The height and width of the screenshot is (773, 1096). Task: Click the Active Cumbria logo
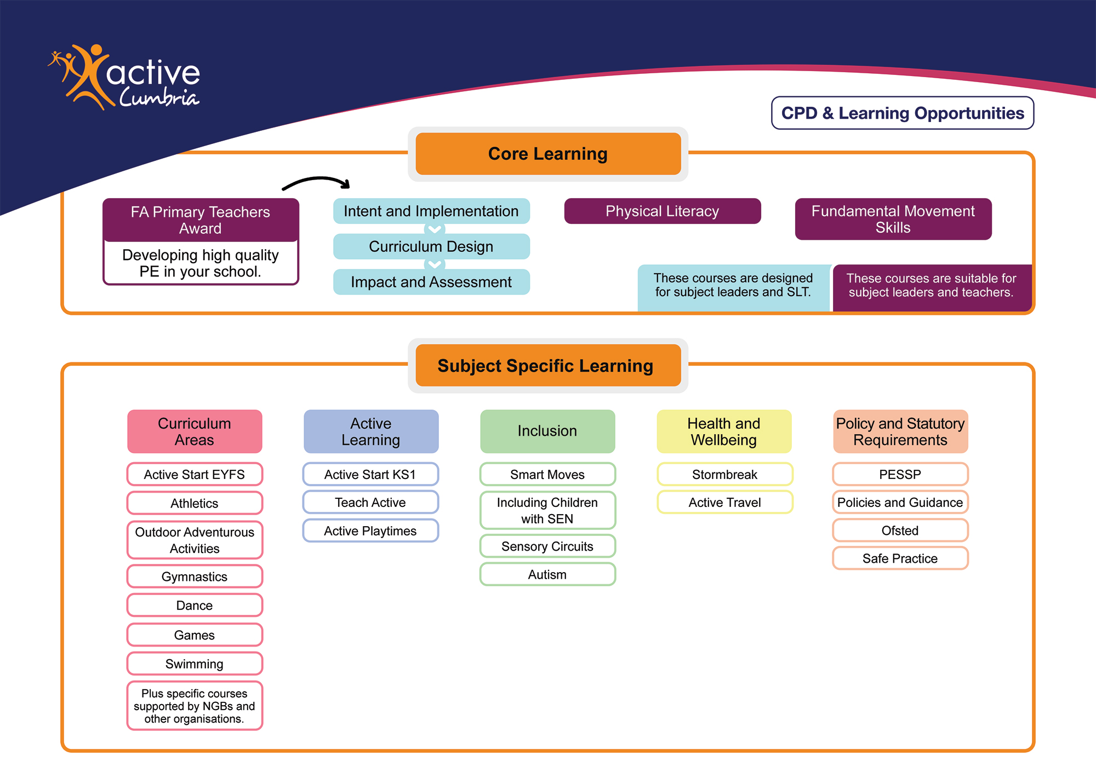pyautogui.click(x=125, y=77)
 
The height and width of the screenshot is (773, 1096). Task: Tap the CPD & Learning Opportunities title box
pyautogui.click(x=902, y=113)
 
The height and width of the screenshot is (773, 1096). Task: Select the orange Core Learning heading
pyautogui.click(x=548, y=154)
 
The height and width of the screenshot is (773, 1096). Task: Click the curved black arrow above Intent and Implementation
pyautogui.click(x=316, y=182)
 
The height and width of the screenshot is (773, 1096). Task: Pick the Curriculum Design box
pyautogui.click(x=431, y=247)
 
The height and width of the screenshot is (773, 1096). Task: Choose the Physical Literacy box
pyautogui.click(x=662, y=211)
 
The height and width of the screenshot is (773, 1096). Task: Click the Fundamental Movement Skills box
pyautogui.click(x=893, y=219)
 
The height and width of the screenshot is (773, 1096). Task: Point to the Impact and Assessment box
pyautogui.click(x=431, y=282)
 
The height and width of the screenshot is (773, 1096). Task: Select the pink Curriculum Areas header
pyautogui.click(x=195, y=431)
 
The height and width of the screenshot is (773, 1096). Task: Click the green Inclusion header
pyautogui.click(x=547, y=431)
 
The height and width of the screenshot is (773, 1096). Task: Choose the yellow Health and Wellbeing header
pyautogui.click(x=724, y=431)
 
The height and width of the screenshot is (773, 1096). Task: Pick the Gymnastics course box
pyautogui.click(x=195, y=576)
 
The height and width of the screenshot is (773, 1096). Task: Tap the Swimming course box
pyautogui.click(x=195, y=664)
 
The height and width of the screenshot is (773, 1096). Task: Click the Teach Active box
pyautogui.click(x=370, y=503)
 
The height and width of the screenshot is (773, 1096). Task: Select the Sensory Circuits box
pyautogui.click(x=547, y=546)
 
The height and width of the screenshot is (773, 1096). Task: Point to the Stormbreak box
pyautogui.click(x=724, y=475)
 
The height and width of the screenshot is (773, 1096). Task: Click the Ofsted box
pyautogui.click(x=900, y=530)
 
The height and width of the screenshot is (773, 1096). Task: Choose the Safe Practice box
pyautogui.click(x=900, y=558)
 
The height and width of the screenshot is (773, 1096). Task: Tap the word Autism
pyautogui.click(x=547, y=575)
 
